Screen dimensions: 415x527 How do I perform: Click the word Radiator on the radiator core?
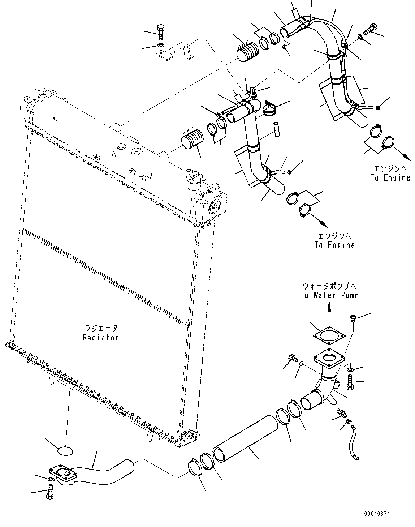(x=100, y=338)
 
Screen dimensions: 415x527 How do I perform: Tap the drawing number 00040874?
(x=377, y=514)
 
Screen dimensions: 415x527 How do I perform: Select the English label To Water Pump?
(x=330, y=295)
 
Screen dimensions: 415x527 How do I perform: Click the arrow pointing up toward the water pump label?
(x=329, y=312)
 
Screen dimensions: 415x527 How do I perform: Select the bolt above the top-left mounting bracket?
(x=161, y=32)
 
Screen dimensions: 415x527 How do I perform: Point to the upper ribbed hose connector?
(x=247, y=52)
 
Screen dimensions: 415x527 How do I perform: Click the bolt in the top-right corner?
(x=371, y=29)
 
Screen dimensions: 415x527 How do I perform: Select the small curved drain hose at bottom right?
(x=355, y=443)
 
